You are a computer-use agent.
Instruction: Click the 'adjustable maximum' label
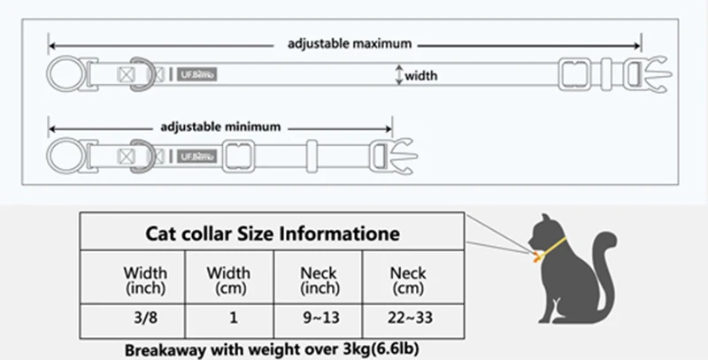(x=350, y=42)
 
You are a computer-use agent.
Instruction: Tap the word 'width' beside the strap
(x=421, y=77)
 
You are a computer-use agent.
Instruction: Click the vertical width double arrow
(x=399, y=76)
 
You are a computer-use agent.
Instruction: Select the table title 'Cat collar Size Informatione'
(x=272, y=234)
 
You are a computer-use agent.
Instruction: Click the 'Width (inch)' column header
(x=144, y=279)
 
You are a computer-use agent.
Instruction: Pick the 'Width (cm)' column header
(x=227, y=279)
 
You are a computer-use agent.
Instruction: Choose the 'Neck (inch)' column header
(x=319, y=279)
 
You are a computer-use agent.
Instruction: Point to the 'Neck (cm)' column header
(x=407, y=279)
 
